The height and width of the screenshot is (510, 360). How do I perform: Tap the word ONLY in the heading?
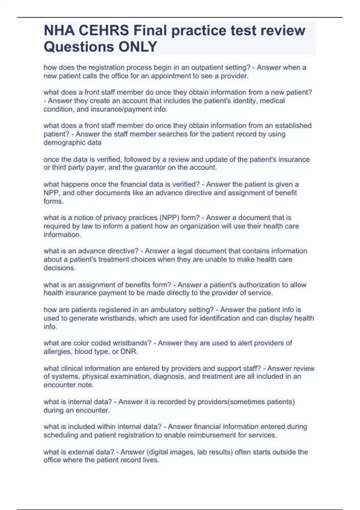[x=138, y=47]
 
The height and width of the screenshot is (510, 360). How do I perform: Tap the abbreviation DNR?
[x=129, y=351]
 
